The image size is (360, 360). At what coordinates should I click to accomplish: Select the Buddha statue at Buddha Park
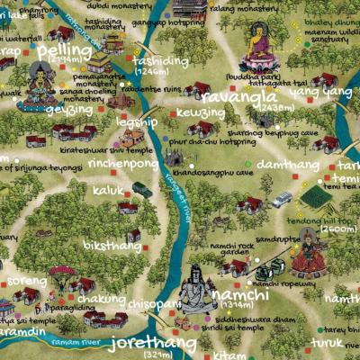(x=260, y=49)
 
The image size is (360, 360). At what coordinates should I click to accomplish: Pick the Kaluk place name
(x=107, y=191)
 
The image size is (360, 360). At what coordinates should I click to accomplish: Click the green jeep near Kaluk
(x=142, y=190)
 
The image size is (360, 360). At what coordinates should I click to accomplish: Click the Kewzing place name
(x=201, y=113)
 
